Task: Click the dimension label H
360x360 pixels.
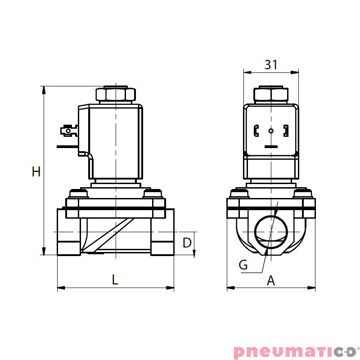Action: point(36,171)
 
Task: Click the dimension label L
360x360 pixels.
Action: point(115,280)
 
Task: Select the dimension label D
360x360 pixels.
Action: point(187,243)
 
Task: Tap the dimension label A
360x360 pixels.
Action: point(270,281)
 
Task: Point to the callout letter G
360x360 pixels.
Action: point(243,265)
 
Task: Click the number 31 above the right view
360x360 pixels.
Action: point(270,65)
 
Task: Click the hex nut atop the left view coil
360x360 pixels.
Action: point(115,94)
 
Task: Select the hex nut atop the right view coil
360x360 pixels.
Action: point(271,94)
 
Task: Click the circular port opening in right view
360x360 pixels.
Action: point(271,231)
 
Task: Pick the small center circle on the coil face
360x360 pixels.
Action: point(271,131)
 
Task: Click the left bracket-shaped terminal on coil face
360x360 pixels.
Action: point(256,131)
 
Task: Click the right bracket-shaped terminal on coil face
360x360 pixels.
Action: point(285,131)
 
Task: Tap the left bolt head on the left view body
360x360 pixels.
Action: point(77,194)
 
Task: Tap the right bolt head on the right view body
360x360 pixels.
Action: point(303,194)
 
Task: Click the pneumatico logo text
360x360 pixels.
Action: point(294,351)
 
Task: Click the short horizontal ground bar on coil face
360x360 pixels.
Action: point(271,147)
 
